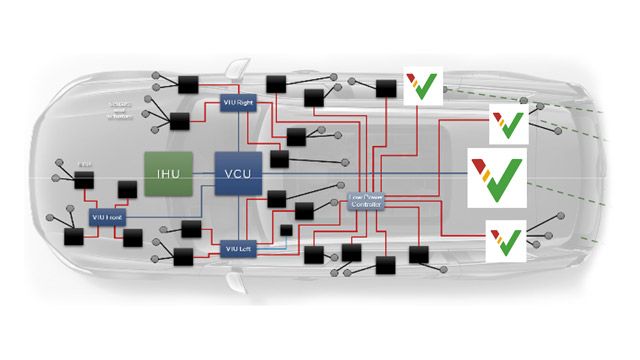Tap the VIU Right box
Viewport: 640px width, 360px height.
[238, 103]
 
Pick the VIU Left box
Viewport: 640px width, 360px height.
[235, 247]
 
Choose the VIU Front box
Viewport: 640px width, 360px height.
[106, 217]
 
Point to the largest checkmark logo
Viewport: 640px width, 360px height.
[496, 172]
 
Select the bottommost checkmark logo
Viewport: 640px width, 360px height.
[507, 240]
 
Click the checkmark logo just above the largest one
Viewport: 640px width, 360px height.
[507, 125]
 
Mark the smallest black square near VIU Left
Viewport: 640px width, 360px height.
[286, 231]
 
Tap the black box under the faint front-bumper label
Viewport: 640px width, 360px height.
[84, 178]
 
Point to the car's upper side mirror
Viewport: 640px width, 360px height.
[236, 71]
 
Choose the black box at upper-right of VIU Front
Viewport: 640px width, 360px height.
[127, 190]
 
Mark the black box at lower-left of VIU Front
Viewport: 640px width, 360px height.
[73, 239]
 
